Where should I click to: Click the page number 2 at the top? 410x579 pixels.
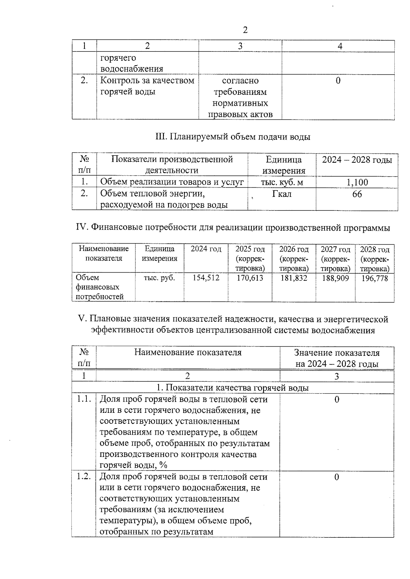(245, 30)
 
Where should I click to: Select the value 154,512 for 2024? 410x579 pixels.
(206, 278)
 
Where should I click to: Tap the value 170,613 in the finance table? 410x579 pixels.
(250, 278)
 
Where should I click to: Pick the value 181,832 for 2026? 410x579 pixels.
(294, 278)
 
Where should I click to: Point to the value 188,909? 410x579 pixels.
(336, 278)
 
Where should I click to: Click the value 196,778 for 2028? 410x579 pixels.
(375, 278)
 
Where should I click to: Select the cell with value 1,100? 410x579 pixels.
(357, 183)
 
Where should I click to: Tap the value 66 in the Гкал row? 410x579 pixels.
(357, 194)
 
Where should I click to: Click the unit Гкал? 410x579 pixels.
(282, 194)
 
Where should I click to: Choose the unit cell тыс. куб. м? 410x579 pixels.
(282, 183)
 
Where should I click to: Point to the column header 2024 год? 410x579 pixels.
(206, 249)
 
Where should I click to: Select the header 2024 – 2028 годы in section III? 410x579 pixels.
(357, 160)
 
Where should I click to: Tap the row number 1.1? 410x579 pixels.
(84, 399)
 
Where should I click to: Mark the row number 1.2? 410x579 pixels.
(84, 477)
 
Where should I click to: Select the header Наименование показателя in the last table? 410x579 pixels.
(188, 352)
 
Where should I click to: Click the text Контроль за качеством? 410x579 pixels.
(147, 81)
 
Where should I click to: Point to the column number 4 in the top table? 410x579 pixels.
(340, 46)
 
